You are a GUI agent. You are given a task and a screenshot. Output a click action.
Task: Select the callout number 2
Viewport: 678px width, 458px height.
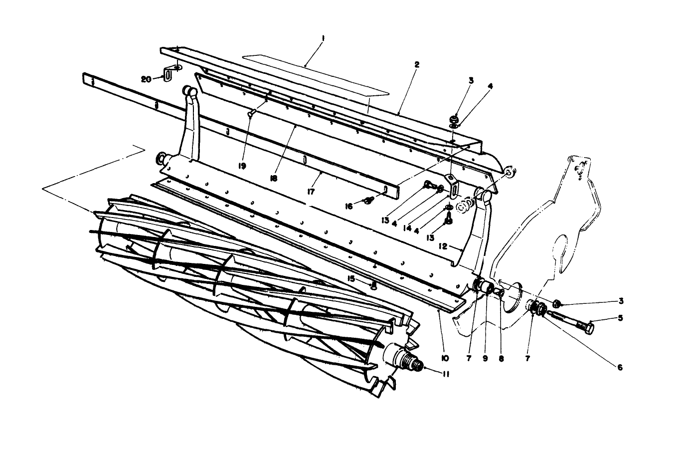click(417, 64)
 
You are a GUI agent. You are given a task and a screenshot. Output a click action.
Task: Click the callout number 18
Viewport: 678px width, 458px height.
click(274, 178)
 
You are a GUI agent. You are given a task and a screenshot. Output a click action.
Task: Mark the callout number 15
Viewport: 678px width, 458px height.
click(351, 278)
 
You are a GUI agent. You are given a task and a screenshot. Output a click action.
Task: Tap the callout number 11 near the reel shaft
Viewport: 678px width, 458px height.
click(445, 373)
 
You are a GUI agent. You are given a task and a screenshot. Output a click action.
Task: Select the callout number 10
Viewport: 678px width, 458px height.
click(445, 358)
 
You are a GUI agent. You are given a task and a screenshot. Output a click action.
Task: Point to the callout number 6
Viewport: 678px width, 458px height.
click(620, 368)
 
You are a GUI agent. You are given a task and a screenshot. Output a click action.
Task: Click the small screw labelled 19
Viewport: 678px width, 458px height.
click(251, 113)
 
